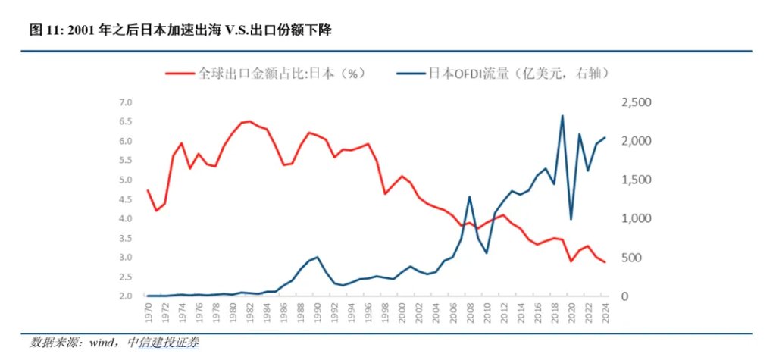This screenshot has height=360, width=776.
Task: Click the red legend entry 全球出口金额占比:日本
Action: coord(280,74)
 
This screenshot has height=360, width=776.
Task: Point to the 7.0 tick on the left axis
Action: coord(126,102)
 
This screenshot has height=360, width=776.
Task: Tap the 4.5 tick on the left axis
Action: coord(126,199)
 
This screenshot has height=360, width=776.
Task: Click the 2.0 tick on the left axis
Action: coord(126,296)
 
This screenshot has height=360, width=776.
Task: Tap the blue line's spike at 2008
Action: coord(470,196)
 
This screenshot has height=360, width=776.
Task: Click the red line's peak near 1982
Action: coord(250,121)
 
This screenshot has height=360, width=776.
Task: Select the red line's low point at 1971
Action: coord(156,211)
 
